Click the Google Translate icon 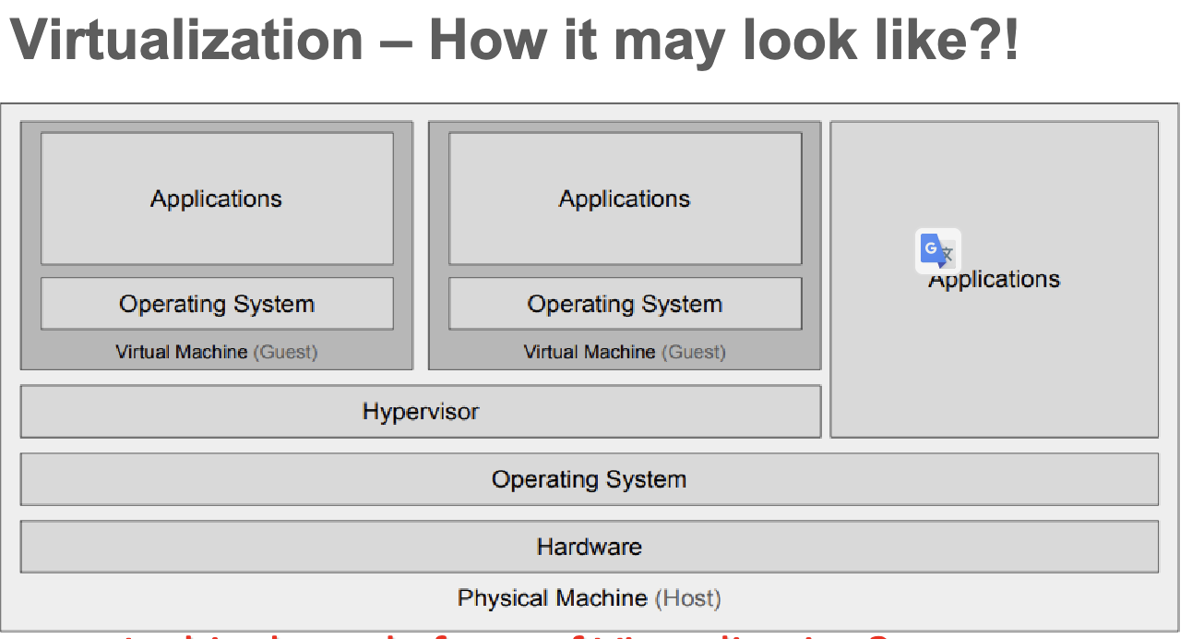(937, 250)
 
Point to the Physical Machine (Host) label (589, 598)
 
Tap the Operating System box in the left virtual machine (217, 304)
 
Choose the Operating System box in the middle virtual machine (625, 304)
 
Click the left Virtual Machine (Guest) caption (217, 352)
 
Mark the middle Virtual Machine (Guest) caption (625, 352)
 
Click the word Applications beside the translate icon (995, 280)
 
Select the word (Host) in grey (687, 598)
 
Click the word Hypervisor (421, 411)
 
